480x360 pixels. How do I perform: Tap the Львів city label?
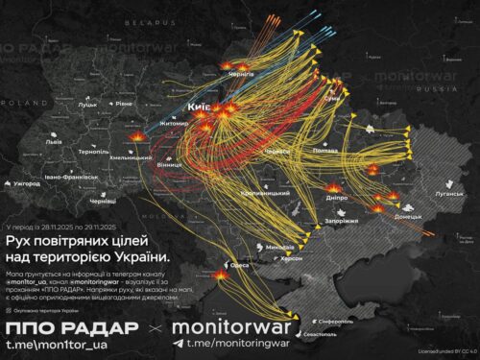54,141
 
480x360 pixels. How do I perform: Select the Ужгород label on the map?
26,181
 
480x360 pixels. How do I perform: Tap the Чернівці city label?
102,202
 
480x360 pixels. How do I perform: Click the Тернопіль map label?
94,152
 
